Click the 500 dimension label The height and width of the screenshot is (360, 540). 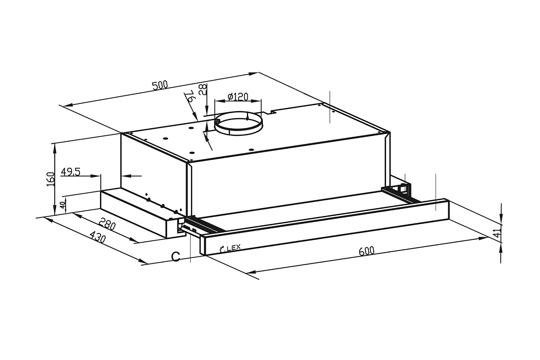[160, 86]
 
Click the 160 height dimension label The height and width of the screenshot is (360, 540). [50, 179]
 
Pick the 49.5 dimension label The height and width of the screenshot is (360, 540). [70, 172]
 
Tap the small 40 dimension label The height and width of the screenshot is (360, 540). [62, 206]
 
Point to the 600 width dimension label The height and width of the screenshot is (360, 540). [366, 251]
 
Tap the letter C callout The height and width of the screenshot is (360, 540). [175, 256]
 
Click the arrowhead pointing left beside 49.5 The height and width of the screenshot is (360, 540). [126, 176]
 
